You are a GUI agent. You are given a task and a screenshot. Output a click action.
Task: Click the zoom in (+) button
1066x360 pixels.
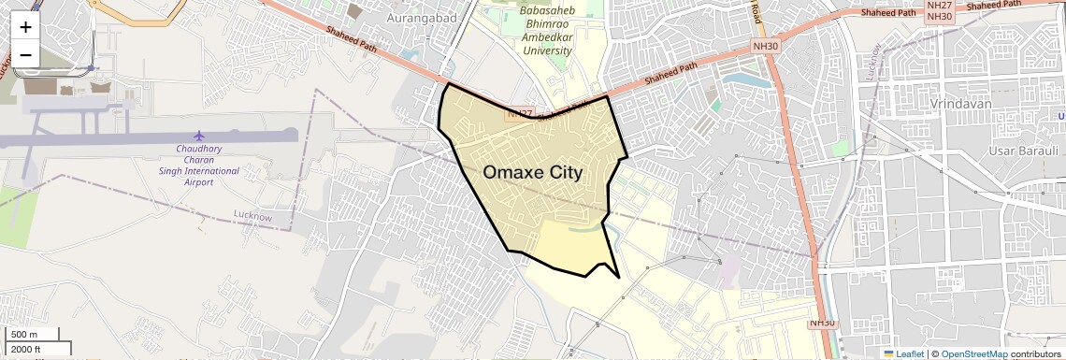point(25,26)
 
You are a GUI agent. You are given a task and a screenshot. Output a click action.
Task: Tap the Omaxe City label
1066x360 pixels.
point(532,173)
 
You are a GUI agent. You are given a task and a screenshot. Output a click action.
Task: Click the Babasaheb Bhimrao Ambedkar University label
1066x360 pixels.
point(547,31)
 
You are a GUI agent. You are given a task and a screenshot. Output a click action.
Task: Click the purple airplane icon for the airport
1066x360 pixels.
point(199,137)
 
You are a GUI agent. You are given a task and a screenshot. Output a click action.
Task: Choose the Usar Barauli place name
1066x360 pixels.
point(1023,151)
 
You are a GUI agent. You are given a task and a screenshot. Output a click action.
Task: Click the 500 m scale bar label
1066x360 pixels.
point(24,335)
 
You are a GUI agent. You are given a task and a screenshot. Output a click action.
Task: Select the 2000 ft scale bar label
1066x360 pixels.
point(27,350)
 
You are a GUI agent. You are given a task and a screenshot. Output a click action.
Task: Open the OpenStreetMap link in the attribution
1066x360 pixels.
point(973,354)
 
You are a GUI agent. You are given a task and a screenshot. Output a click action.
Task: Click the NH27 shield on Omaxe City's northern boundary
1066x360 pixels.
point(519,113)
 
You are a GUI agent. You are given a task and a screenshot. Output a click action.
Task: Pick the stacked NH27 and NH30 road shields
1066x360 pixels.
point(939,11)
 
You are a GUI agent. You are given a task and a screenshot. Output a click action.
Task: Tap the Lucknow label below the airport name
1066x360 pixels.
point(252,217)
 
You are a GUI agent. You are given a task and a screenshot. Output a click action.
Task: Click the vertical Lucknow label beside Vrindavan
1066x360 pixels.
point(874,64)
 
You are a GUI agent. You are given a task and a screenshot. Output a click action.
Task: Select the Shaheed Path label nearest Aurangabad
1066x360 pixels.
point(352,40)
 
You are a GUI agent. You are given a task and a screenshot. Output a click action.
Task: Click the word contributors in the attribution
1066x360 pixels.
point(1036,354)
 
